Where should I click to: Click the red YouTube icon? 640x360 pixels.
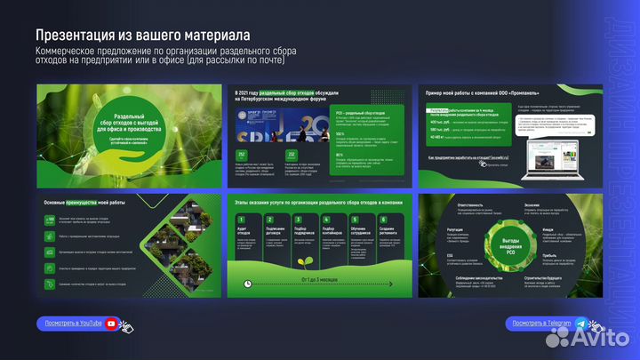click(x=112, y=324)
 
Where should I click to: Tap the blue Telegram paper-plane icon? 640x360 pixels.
click(x=580, y=324)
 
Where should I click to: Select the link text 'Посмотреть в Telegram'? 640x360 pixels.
click(x=539, y=324)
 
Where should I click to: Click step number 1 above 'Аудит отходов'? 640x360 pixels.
click(x=242, y=219)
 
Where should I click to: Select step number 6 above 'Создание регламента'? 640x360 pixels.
click(x=383, y=219)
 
